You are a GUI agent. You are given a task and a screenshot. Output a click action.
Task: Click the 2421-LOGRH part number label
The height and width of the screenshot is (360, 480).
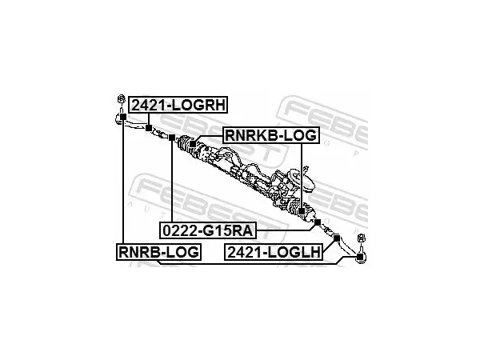tap(178, 105)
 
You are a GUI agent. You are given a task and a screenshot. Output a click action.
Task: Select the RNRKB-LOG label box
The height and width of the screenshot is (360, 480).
tap(270, 135)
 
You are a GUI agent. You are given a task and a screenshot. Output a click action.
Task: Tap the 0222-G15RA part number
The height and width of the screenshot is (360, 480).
tap(208, 230)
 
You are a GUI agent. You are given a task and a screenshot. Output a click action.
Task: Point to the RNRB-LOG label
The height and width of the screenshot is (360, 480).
tap(158, 252)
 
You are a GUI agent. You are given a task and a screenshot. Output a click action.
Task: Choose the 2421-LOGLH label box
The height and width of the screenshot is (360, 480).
tap(274, 252)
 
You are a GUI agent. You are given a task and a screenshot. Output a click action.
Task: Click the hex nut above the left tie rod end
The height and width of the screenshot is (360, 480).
tap(122, 99)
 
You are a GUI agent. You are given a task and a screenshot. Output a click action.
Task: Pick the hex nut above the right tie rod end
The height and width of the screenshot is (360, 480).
tap(362, 238)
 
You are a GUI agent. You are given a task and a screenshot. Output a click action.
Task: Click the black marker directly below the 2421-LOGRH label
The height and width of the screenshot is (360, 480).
tap(149, 128)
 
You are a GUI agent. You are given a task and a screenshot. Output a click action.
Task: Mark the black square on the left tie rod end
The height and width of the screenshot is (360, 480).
tap(122, 116)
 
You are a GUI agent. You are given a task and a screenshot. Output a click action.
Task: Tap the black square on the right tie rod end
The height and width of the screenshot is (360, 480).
tap(360, 256)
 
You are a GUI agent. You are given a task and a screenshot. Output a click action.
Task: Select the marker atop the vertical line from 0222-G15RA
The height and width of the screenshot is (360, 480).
tap(172, 138)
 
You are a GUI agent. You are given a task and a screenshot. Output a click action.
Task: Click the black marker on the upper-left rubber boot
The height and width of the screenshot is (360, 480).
tap(193, 143)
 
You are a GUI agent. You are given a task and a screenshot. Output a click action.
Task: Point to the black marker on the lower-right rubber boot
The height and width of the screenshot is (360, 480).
tap(302, 211)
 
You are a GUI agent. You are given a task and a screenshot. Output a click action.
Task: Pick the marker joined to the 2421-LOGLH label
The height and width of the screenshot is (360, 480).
tap(337, 238)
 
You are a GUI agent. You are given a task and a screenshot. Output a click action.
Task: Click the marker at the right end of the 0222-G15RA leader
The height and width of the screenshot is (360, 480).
tap(318, 222)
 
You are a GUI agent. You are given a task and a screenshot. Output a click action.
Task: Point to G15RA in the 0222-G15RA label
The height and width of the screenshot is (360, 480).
tap(228, 230)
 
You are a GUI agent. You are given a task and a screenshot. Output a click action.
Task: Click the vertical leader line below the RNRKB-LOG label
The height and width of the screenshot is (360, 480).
tap(302, 176)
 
